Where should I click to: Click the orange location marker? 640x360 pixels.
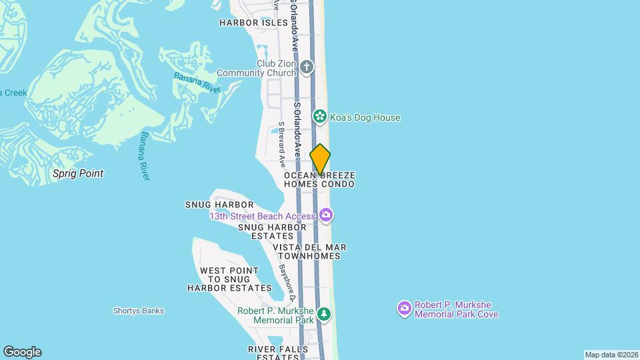click(320, 159)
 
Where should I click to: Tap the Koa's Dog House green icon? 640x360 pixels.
click(320, 117)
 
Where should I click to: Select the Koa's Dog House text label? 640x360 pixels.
click(365, 118)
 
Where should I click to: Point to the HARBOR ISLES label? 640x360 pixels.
click(253, 23)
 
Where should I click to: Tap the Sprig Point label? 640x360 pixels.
click(78, 173)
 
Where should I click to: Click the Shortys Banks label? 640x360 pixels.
click(138, 311)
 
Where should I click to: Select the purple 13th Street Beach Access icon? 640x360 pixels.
click(326, 215)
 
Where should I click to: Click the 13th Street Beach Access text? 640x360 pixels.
click(263, 216)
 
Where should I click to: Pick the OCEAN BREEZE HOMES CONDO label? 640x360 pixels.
click(319, 179)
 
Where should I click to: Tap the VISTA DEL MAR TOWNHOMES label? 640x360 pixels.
click(309, 251)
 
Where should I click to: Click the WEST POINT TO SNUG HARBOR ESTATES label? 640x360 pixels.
click(229, 279)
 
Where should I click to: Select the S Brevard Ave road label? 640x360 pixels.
click(282, 144)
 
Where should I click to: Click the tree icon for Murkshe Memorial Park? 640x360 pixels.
click(323, 313)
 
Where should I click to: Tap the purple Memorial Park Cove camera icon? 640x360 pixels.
click(404, 309)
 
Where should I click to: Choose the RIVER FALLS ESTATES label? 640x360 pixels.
click(278, 353)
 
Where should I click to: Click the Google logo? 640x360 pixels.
click(22, 352)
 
